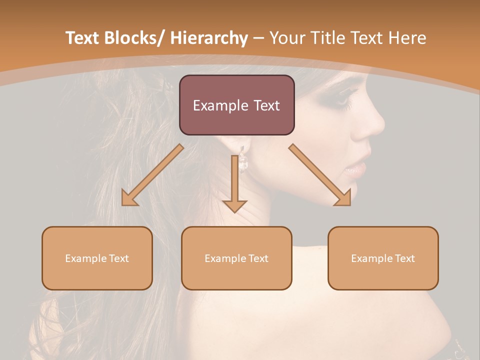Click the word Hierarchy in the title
click(209, 38)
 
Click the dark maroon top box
click(236, 105)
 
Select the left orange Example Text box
click(97, 258)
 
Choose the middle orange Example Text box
click(236, 258)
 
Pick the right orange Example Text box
click(383, 258)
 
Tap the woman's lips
click(358, 167)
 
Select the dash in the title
click(258, 38)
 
